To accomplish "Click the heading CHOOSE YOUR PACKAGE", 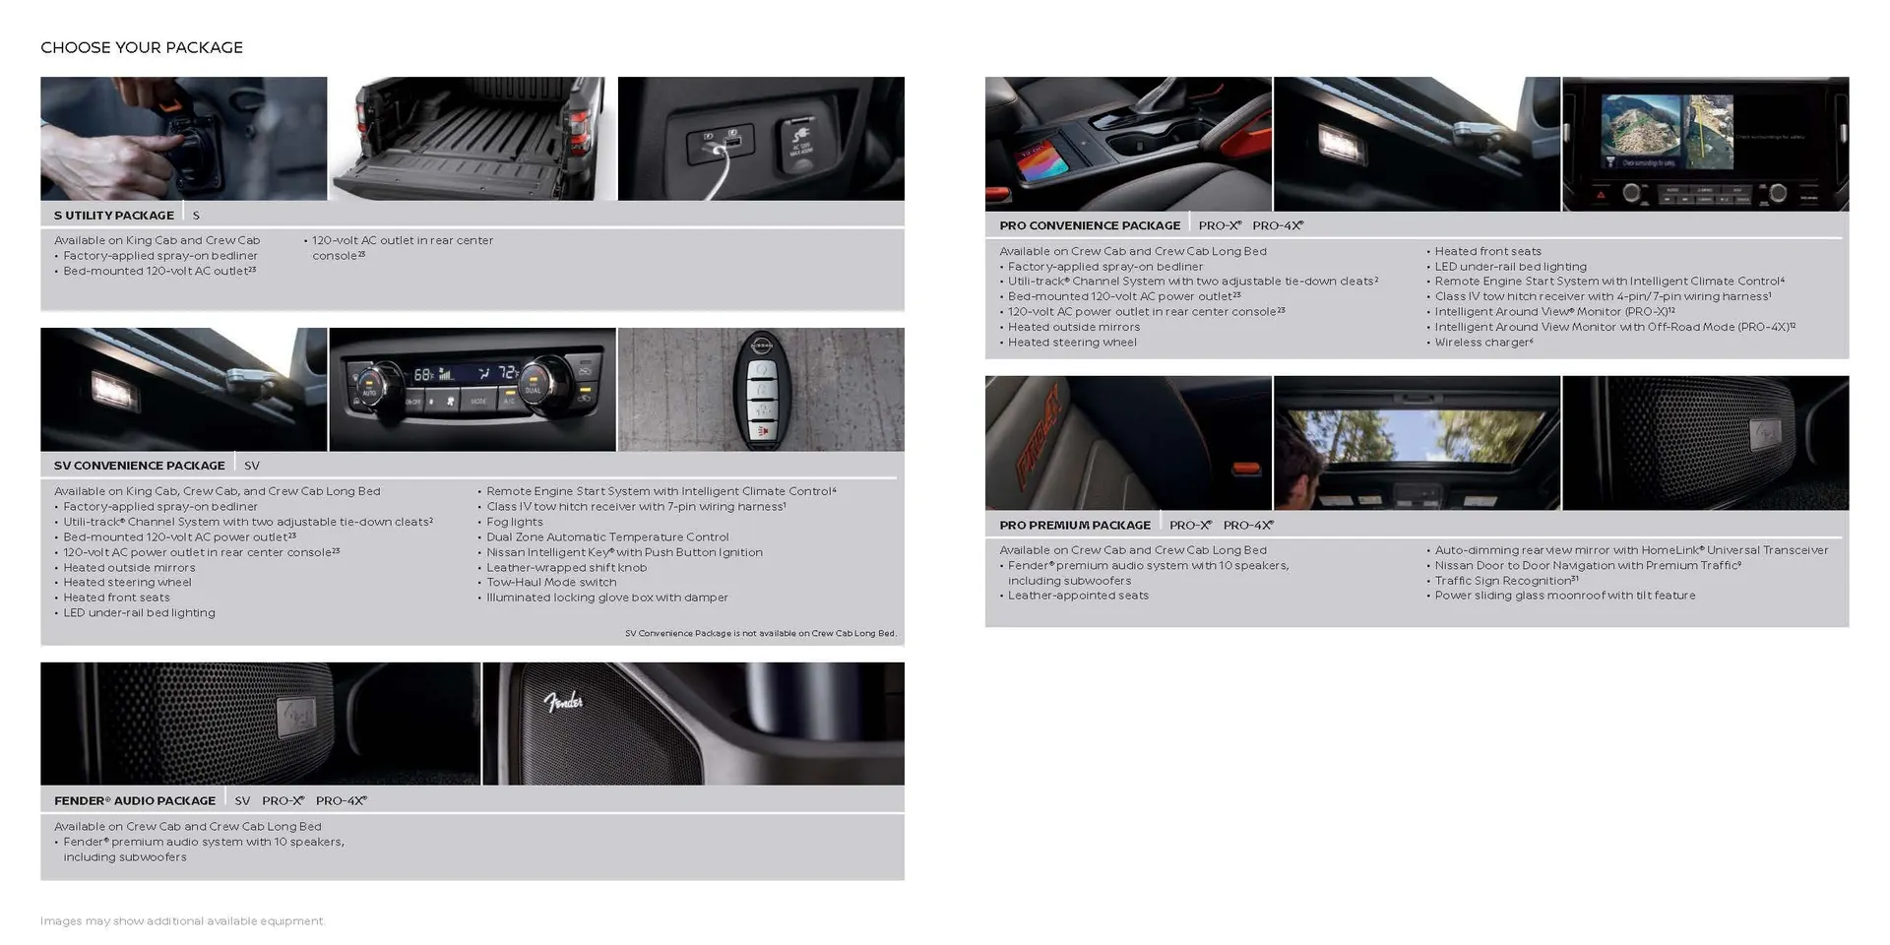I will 142,47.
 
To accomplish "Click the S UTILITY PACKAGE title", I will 114,216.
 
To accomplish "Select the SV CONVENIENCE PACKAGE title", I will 140,466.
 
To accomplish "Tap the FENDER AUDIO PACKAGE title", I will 135,801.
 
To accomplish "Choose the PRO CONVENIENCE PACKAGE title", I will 1090,225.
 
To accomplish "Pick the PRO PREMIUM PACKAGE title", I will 1075,526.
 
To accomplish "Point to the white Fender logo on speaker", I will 563,702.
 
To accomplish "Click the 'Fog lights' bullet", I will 514,522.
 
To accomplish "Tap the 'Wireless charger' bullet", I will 1482,343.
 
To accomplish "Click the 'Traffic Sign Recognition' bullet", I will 1505,581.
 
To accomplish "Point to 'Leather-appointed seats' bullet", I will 1077,596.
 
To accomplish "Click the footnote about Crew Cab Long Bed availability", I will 760,633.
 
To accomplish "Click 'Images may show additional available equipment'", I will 182,921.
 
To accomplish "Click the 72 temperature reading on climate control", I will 507,373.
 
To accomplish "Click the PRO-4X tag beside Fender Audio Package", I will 341,801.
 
